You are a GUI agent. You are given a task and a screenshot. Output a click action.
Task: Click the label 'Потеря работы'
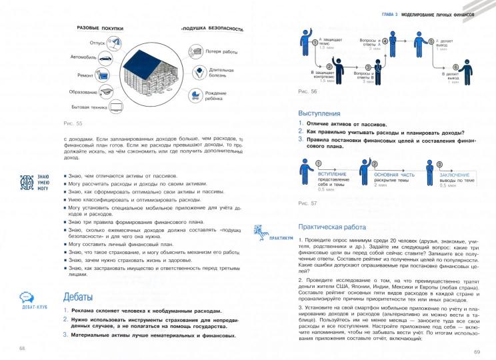tap(222, 51)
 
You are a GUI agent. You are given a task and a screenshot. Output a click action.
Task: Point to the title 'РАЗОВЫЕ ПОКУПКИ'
tap(102, 28)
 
